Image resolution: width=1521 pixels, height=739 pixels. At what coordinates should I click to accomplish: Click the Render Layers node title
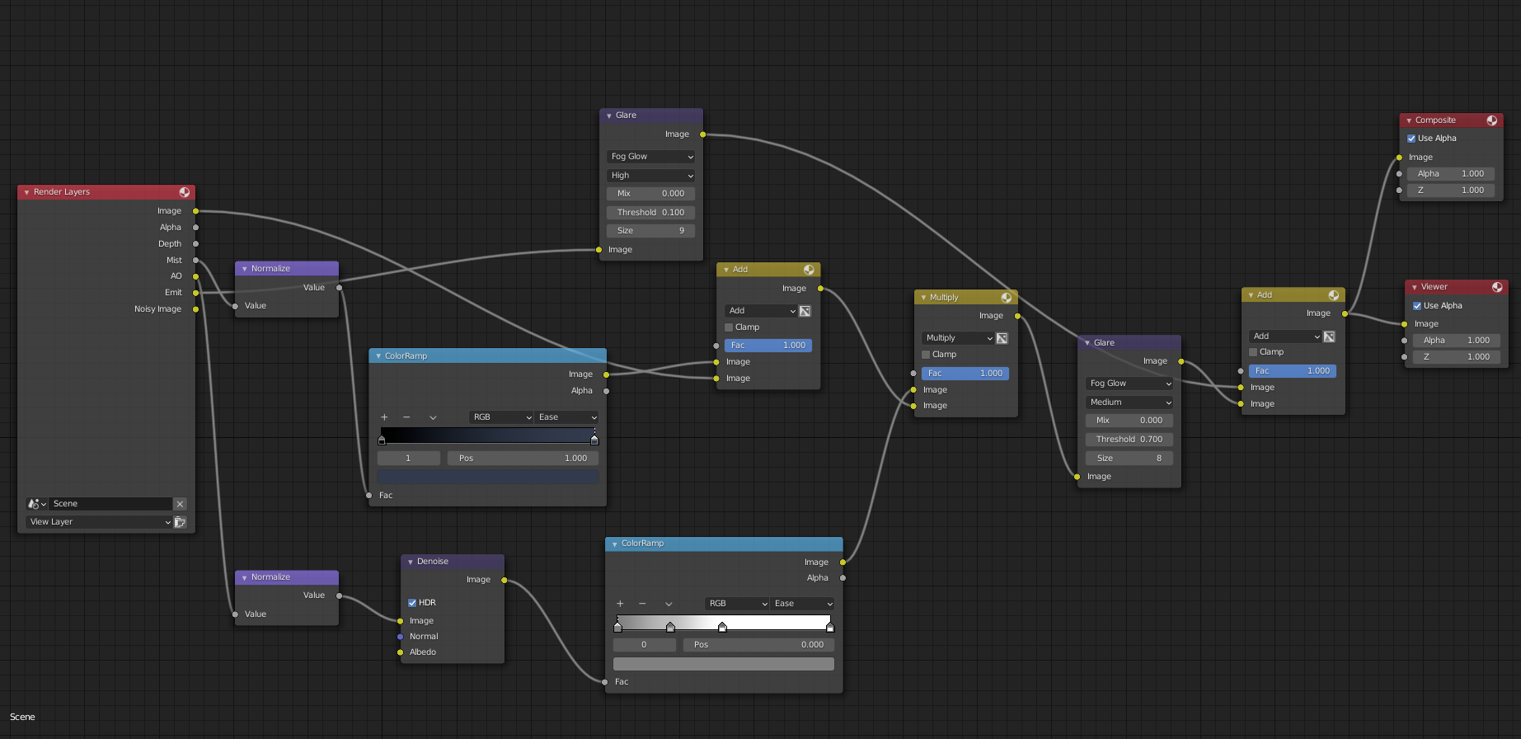tap(62, 192)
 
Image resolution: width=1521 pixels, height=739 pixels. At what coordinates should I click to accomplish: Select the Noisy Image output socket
tap(196, 309)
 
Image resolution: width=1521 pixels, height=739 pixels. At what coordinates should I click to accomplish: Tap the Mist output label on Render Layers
tap(174, 260)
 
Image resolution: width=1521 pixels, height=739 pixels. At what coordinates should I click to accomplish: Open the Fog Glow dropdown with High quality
tap(651, 157)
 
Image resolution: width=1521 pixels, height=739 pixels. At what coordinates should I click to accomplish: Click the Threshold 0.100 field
tap(651, 213)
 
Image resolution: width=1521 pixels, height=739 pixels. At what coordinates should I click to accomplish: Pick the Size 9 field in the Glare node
tap(651, 231)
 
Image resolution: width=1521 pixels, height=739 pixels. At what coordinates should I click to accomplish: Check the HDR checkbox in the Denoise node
tap(412, 603)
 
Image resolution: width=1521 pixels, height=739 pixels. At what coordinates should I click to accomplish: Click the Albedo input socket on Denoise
tap(401, 652)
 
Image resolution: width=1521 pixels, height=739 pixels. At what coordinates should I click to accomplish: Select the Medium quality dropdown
tap(1129, 402)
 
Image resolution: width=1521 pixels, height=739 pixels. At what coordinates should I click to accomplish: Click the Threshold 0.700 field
tap(1129, 440)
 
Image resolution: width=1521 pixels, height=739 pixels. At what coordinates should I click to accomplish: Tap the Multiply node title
tap(944, 298)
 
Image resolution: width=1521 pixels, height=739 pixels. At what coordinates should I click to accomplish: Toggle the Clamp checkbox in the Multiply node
tap(926, 355)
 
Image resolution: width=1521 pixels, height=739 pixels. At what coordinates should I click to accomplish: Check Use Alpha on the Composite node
tap(1411, 139)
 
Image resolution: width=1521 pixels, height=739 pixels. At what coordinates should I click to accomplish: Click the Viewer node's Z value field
tap(1454, 357)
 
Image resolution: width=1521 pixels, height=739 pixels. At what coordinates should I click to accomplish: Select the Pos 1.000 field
tap(523, 459)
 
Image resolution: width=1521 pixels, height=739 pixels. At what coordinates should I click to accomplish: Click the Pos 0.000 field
tap(759, 645)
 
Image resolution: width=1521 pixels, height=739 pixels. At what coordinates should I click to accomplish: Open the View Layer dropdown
tap(99, 522)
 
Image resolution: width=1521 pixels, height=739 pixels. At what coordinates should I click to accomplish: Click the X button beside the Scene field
tap(180, 504)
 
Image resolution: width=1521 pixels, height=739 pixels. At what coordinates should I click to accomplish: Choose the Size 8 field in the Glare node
tap(1129, 459)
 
